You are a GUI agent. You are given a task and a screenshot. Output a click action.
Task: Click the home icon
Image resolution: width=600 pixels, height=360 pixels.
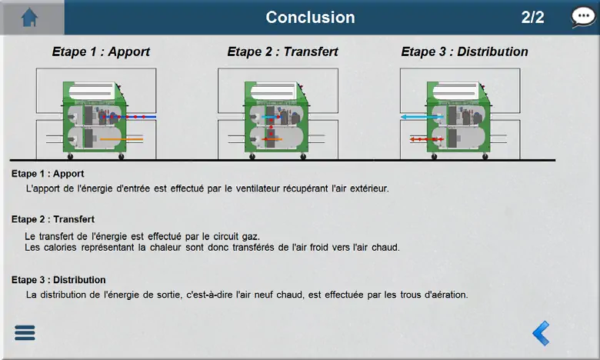pyautogui.click(x=29, y=18)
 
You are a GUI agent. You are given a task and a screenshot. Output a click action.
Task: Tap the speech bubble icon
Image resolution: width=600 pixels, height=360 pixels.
pyautogui.click(x=583, y=17)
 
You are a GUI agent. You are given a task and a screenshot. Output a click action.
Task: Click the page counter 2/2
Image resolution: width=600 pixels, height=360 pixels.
pyautogui.click(x=532, y=18)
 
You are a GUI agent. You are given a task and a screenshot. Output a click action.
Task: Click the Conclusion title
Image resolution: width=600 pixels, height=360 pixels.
pyautogui.click(x=310, y=18)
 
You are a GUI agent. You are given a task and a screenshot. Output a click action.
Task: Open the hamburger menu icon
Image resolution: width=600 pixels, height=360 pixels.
pyautogui.click(x=25, y=333)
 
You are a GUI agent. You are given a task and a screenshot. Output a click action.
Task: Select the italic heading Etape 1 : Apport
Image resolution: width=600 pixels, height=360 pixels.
pyautogui.click(x=101, y=52)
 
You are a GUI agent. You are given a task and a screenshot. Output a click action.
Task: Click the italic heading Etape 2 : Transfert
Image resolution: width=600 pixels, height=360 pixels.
pyautogui.click(x=283, y=52)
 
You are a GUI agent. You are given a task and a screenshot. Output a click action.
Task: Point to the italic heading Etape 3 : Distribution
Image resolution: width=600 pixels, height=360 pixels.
pyautogui.click(x=465, y=52)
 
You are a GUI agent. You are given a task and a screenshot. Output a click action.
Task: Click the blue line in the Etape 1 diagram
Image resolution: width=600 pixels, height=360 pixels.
pyautogui.click(x=129, y=117)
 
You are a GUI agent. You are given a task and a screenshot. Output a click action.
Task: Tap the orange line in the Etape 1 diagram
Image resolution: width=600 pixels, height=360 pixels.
pyautogui.click(x=122, y=139)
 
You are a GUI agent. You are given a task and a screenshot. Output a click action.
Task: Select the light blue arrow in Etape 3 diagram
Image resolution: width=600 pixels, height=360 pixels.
pyautogui.click(x=422, y=117)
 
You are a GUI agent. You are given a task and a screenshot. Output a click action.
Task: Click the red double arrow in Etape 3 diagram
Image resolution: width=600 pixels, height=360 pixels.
pyautogui.click(x=427, y=139)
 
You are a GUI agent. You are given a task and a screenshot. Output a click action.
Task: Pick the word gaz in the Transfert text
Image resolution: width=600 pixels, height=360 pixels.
pyautogui.click(x=251, y=236)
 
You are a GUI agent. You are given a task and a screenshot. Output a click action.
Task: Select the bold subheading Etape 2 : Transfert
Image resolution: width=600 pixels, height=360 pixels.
pyautogui.click(x=53, y=219)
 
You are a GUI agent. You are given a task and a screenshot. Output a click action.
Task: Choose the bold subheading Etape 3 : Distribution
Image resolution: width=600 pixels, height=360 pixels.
pyautogui.click(x=58, y=280)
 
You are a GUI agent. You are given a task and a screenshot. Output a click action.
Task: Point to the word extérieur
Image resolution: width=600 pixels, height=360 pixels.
pyautogui.click(x=369, y=188)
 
